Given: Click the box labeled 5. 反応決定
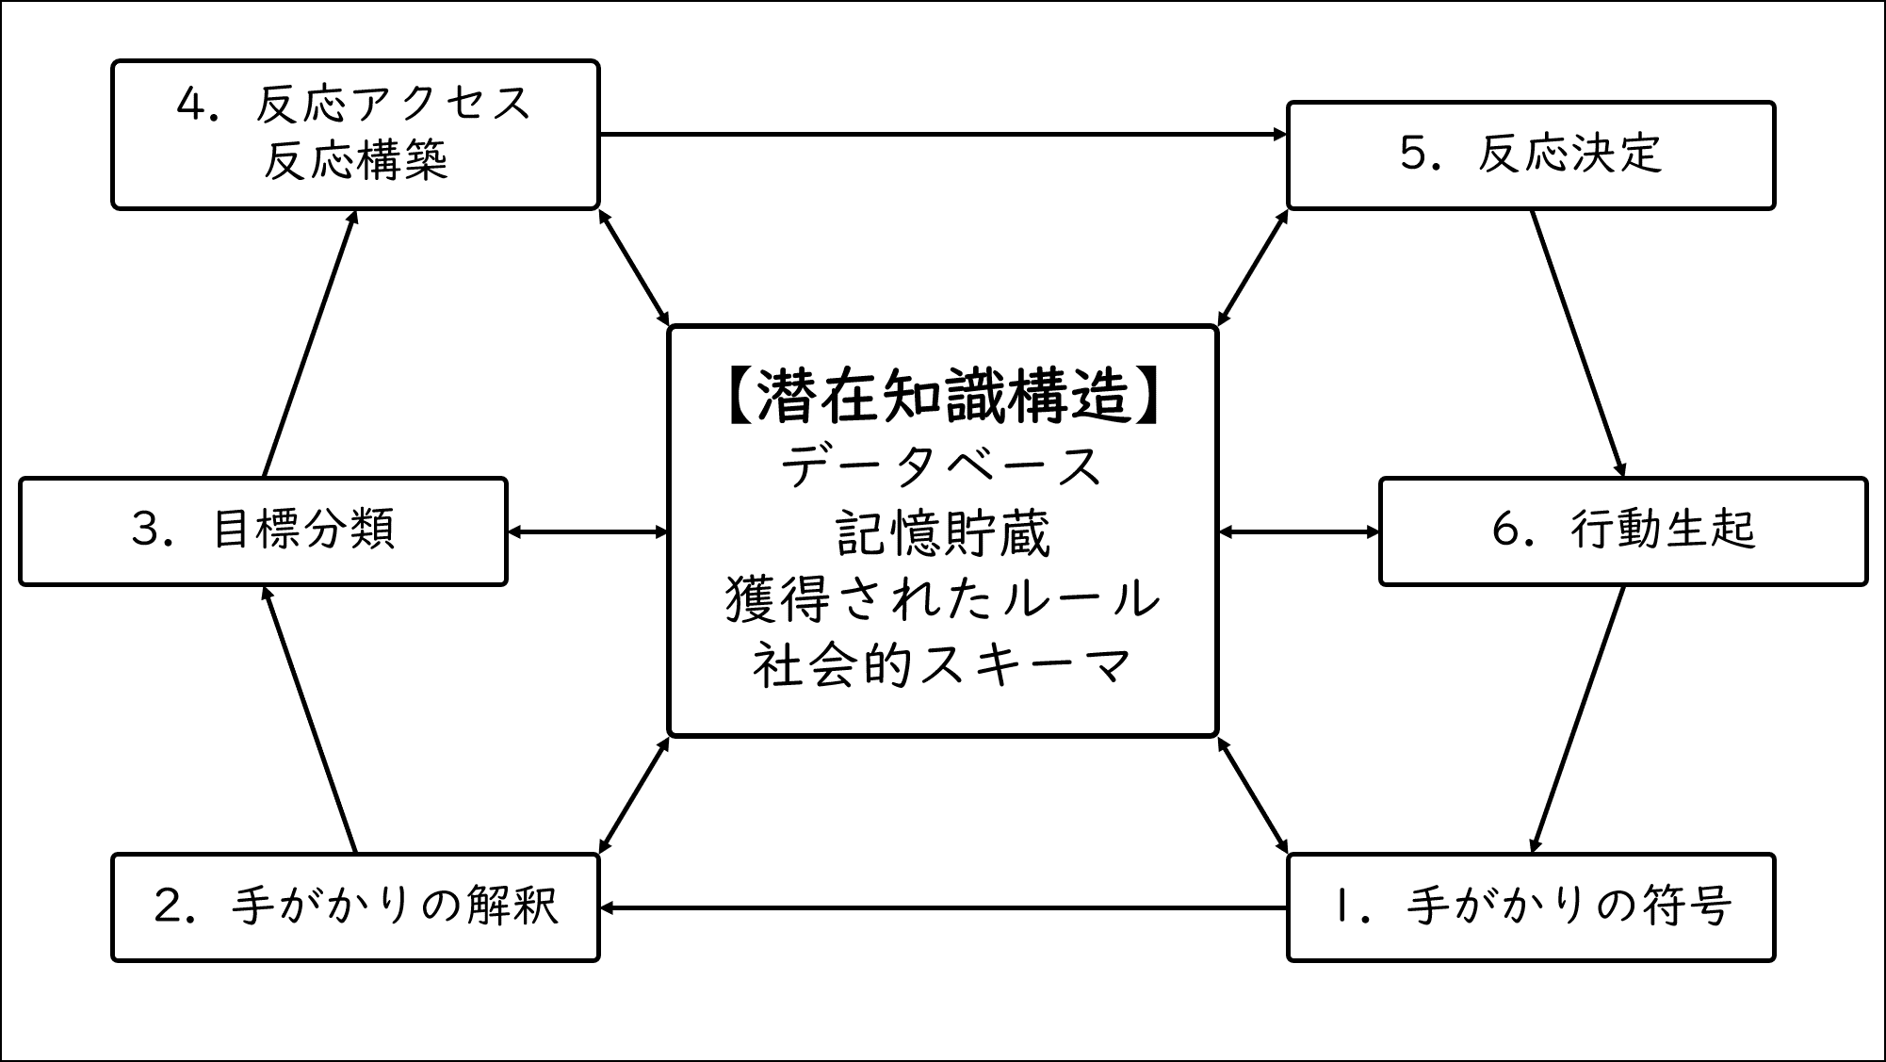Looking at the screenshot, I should pyautogui.click(x=1530, y=155).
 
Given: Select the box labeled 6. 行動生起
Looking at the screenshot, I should pyautogui.click(x=1622, y=531).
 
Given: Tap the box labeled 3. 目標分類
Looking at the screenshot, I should pyautogui.click(x=263, y=531).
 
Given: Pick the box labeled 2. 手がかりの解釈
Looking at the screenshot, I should pyautogui.click(x=355, y=907).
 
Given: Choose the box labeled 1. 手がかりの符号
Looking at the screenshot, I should pyautogui.click(x=1530, y=907).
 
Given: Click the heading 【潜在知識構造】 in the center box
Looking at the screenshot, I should pyautogui.click(x=942, y=396).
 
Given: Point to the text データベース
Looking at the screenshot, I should pyautogui.click(x=942, y=466).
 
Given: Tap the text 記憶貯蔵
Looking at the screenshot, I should pyautogui.click(x=942, y=534).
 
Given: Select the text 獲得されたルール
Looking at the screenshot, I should pyautogui.click(x=942, y=600).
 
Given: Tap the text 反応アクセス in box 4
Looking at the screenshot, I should pyautogui.click(x=392, y=104).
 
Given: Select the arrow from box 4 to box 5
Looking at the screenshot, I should pyautogui.click(x=942, y=135).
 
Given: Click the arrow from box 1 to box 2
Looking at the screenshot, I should pyautogui.click(x=942, y=907).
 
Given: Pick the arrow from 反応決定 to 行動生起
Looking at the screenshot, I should pyautogui.click(x=1578, y=344).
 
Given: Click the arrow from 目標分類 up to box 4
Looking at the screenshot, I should pyautogui.click(x=309, y=344).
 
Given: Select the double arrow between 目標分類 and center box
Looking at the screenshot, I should pyautogui.click(x=587, y=532).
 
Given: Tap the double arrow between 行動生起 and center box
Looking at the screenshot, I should pyautogui.click(x=1298, y=532).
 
